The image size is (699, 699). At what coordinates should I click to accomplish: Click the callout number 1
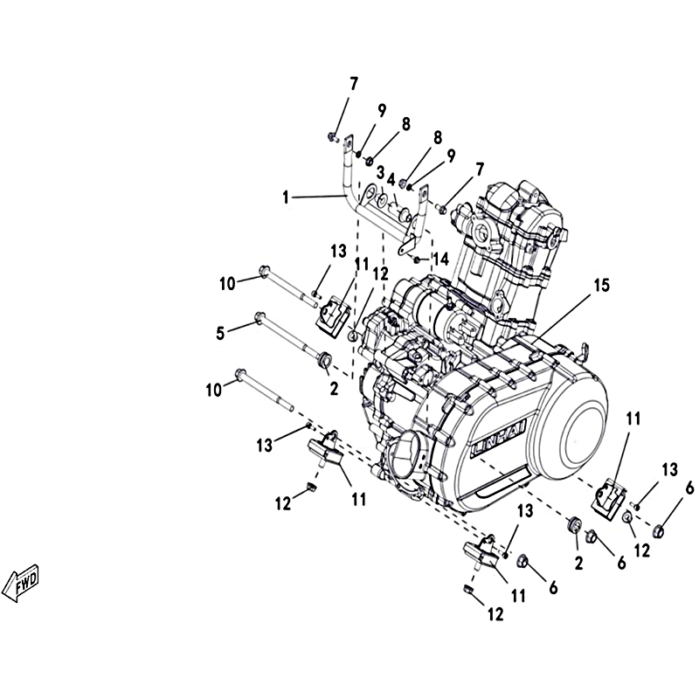286,197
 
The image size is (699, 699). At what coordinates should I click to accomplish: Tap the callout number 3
380,172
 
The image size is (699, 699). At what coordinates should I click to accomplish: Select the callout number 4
391,180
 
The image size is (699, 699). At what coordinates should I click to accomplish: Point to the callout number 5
220,333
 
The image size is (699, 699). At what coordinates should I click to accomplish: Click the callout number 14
441,259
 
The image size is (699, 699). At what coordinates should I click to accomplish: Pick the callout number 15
602,286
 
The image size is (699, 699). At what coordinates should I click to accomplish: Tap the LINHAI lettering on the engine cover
498,439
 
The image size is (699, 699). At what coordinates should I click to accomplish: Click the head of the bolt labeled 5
258,318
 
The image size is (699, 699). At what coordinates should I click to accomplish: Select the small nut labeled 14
417,260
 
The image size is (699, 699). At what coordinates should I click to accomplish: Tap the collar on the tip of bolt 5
325,357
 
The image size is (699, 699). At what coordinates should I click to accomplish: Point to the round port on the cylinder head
481,231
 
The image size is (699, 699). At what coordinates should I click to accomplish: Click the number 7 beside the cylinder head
479,170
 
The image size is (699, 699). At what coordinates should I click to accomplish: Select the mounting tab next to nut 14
407,246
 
